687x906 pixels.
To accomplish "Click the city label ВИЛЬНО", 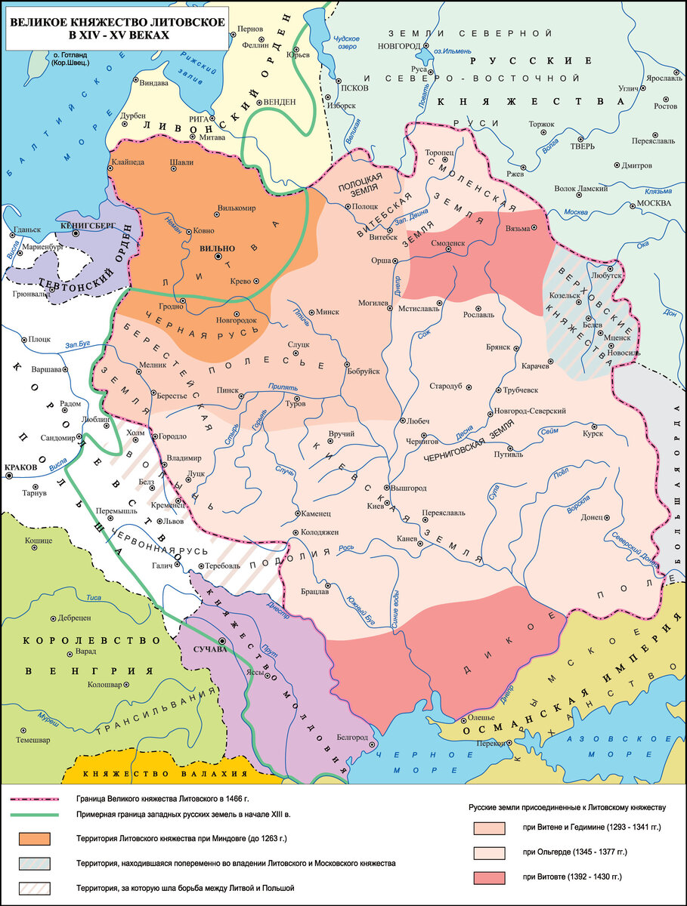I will [218, 248].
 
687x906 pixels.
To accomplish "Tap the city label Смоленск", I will [447, 244].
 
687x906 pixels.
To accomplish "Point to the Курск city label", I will [593, 432].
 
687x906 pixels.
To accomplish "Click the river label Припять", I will [282, 387].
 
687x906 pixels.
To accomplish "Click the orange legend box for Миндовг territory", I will [36, 839].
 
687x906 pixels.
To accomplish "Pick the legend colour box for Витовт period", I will [487, 878].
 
